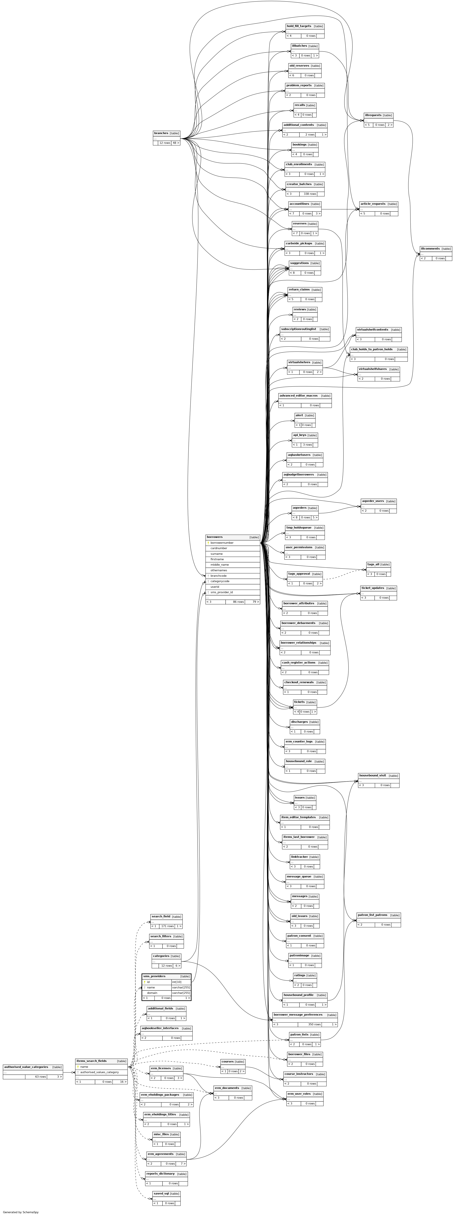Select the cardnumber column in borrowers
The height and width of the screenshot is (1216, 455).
[219, 548]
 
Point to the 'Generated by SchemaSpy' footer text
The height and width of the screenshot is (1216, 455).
[21, 1212]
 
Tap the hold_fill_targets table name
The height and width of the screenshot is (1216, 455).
[299, 26]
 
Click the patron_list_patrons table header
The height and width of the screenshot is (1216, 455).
[372, 915]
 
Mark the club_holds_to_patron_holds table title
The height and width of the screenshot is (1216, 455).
[371, 349]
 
